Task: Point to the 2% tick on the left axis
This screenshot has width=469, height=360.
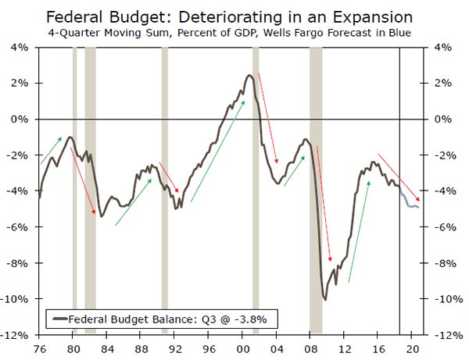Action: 20,84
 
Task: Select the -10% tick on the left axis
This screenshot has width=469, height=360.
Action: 17,299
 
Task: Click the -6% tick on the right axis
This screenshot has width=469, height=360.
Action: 441,227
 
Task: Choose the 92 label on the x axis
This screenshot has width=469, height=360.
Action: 174,347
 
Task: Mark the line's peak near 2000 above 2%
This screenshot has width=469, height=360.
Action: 249,76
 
